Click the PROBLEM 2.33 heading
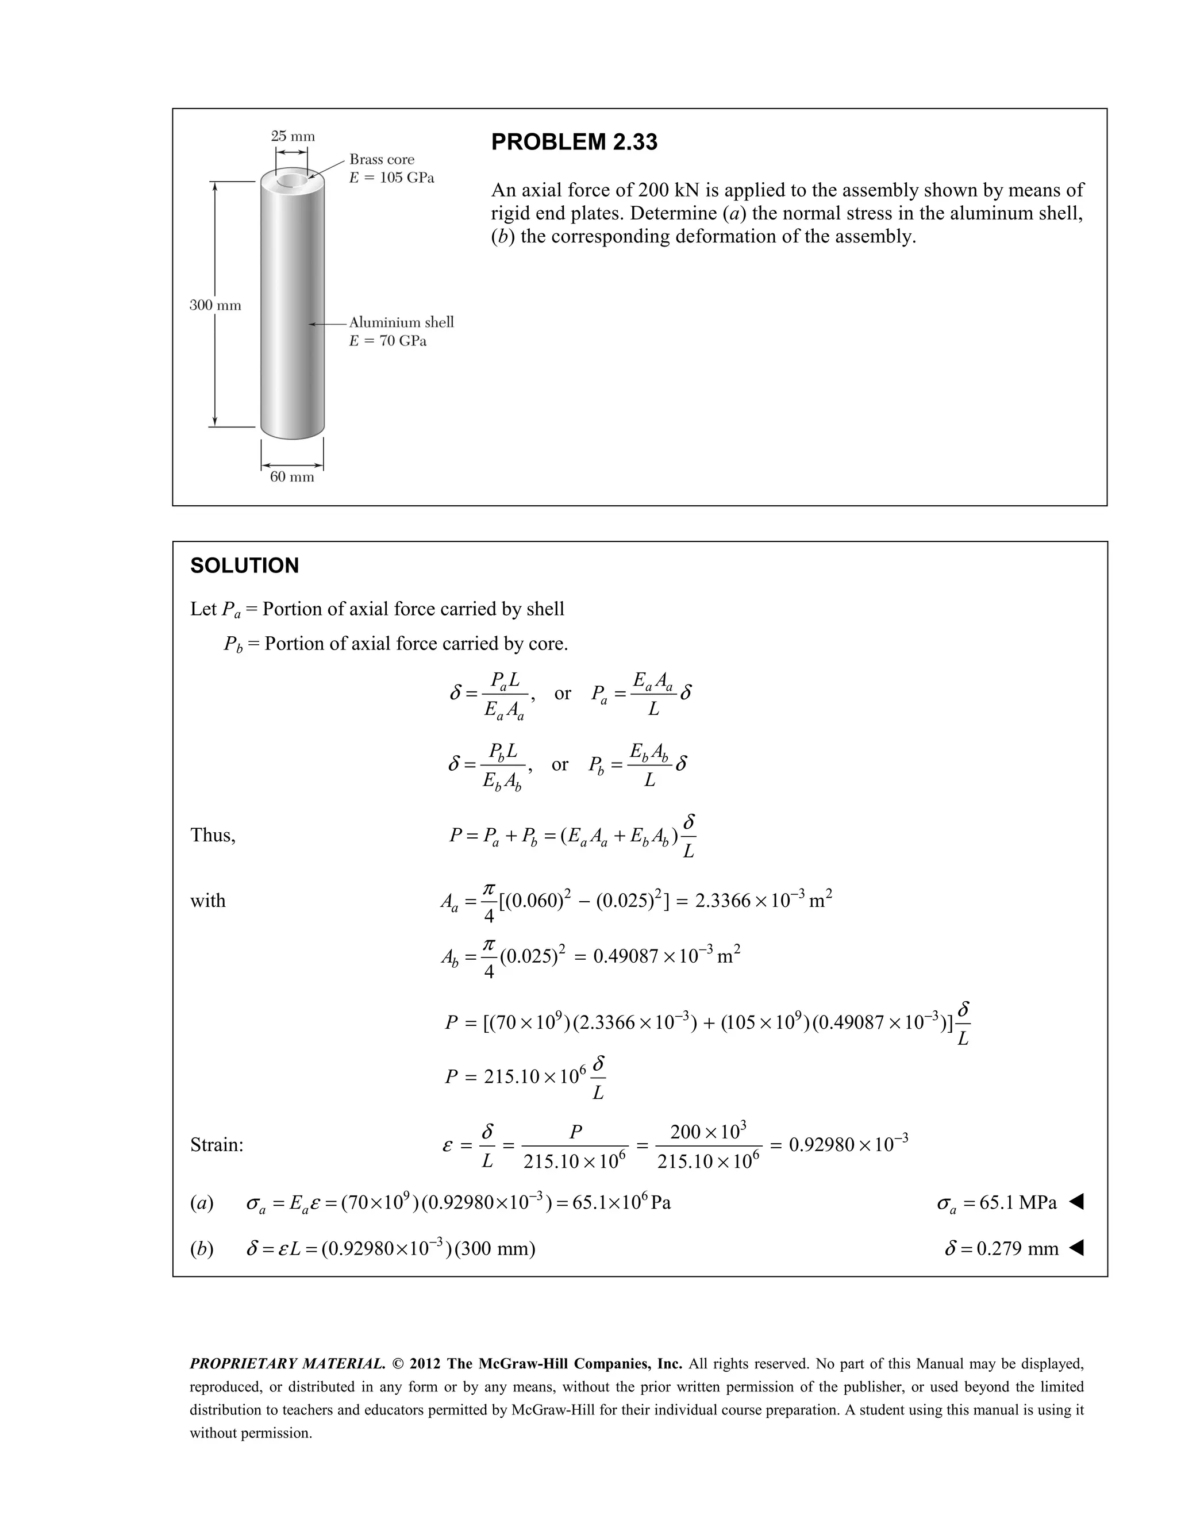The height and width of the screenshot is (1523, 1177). (574, 143)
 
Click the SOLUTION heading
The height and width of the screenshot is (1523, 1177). (244, 566)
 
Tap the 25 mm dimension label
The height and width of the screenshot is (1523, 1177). (293, 136)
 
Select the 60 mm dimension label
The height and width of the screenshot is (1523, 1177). (292, 477)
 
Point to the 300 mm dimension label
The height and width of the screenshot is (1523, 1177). (216, 305)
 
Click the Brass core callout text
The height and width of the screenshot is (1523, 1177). (382, 160)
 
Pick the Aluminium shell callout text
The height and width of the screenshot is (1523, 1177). (401, 322)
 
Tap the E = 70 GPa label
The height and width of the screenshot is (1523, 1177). (388, 341)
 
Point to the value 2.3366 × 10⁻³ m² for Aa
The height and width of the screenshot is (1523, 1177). (764, 899)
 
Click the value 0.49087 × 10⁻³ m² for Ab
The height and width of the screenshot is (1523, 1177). (666, 955)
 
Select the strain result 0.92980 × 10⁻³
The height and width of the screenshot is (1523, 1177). (848, 1145)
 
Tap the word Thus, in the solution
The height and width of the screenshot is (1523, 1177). (213, 836)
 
